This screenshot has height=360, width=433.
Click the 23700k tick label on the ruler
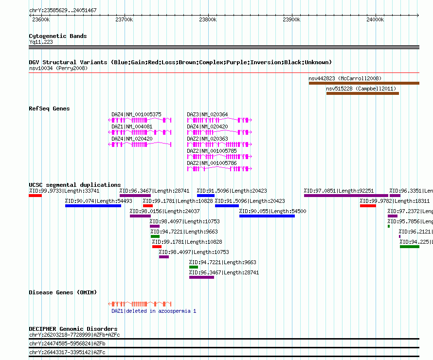coord(124,19)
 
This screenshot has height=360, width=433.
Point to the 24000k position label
coord(375,19)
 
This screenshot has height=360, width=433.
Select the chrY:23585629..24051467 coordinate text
coord(63,11)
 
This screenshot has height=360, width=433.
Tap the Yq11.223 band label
coord(41,42)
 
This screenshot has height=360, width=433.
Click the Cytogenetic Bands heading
coord(58,36)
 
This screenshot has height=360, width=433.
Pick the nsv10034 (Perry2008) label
coord(58,68)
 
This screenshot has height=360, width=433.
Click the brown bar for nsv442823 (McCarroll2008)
coord(364,83)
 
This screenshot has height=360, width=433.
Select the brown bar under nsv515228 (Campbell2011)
coord(362,93)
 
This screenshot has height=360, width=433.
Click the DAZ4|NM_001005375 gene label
coord(136,114)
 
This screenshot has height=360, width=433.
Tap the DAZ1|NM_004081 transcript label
coord(132,126)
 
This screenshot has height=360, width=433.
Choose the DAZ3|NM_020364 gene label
coord(207,114)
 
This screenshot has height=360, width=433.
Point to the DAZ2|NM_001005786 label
coord(212,163)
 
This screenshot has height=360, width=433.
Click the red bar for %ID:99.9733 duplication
coord(35,196)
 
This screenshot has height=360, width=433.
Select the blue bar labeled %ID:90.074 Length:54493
coord(93,206)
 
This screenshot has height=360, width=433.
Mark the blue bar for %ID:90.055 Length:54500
coord(267,216)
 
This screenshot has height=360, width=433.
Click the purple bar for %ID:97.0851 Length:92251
coord(346,196)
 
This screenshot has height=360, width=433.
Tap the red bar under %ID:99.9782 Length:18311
coord(368,206)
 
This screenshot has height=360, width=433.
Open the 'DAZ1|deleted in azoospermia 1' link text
coord(154,311)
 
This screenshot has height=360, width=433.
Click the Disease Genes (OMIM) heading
coord(63,292)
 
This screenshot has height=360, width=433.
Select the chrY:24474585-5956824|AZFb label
coord(67,344)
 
